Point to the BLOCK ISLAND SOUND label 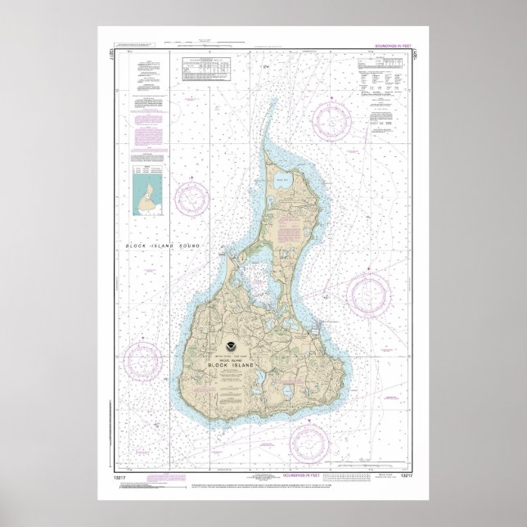[x=163, y=245]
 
